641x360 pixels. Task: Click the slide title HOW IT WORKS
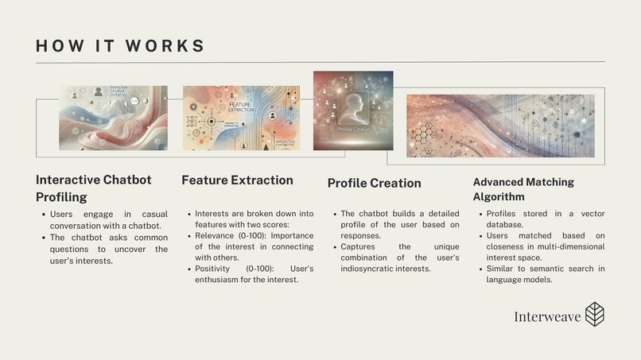120,45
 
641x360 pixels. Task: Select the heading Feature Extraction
237,180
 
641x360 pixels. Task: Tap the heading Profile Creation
374,183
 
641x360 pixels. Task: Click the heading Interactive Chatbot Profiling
93,188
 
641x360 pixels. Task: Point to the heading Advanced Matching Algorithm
523,189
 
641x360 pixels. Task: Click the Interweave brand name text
546,316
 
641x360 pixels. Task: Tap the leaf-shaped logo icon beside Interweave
594,315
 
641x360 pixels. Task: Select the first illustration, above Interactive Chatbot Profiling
113,118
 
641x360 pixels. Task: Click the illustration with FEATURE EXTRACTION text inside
241,118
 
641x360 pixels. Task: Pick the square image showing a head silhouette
352,110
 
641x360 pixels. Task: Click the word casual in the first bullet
153,215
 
